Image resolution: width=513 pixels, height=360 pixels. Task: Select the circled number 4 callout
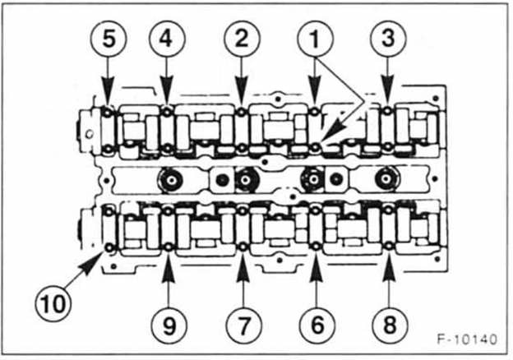[x=167, y=39]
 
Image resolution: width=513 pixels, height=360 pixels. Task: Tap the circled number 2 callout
[x=241, y=39]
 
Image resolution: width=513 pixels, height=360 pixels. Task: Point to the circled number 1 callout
[x=315, y=39]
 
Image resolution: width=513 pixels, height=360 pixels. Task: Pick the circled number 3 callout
[x=387, y=39]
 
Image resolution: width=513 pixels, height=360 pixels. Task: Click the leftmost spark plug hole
[x=172, y=178]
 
